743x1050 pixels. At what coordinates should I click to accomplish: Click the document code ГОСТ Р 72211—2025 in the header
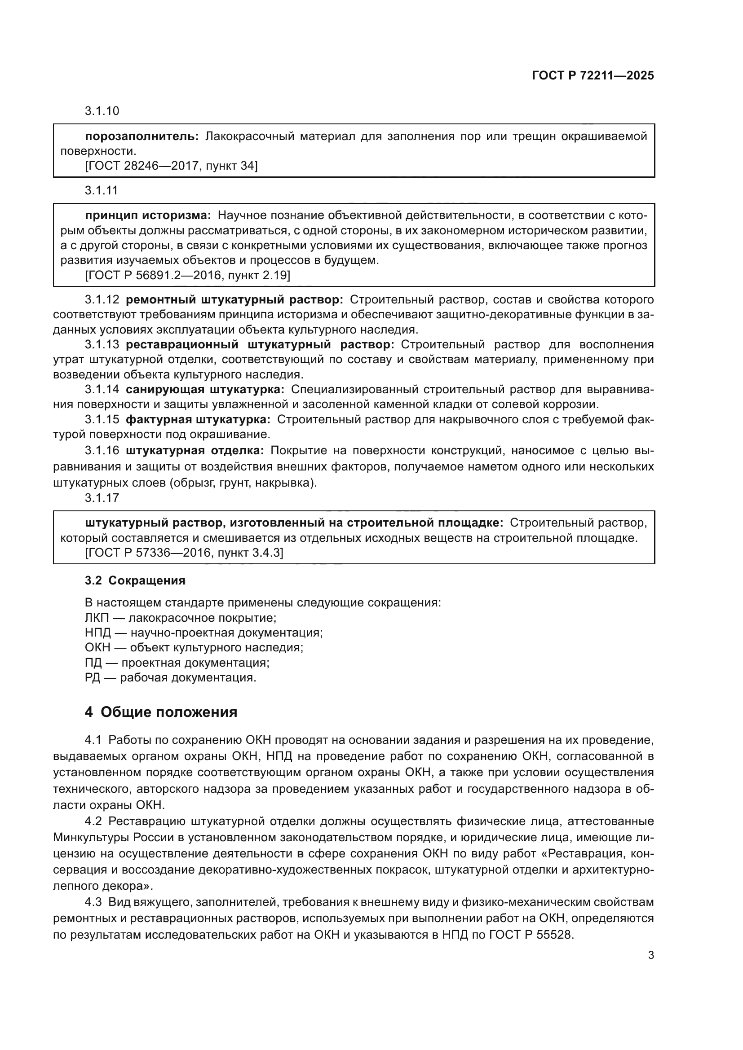(593, 75)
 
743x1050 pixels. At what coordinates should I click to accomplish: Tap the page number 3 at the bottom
(650, 955)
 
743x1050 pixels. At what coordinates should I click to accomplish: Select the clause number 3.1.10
(102, 111)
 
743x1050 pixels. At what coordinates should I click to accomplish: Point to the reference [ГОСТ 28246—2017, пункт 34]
(171, 166)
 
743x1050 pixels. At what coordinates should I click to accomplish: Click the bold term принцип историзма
(148, 215)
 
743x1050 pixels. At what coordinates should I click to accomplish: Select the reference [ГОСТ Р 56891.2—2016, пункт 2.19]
(188, 275)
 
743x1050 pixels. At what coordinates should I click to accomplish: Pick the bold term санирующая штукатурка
(205, 390)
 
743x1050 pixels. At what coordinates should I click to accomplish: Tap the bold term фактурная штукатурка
(198, 420)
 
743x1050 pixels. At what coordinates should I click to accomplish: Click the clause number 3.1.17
(102, 498)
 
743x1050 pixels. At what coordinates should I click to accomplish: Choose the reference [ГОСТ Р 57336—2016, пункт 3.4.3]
(184, 554)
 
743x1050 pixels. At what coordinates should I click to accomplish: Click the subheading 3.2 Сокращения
(135, 581)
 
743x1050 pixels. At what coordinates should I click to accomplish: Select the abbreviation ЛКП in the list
(97, 618)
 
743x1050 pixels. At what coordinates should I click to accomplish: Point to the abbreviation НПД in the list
(97, 633)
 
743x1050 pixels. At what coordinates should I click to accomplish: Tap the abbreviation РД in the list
(93, 678)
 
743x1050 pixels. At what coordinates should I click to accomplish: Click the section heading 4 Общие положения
(161, 712)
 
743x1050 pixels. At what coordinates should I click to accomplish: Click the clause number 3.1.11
(101, 190)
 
